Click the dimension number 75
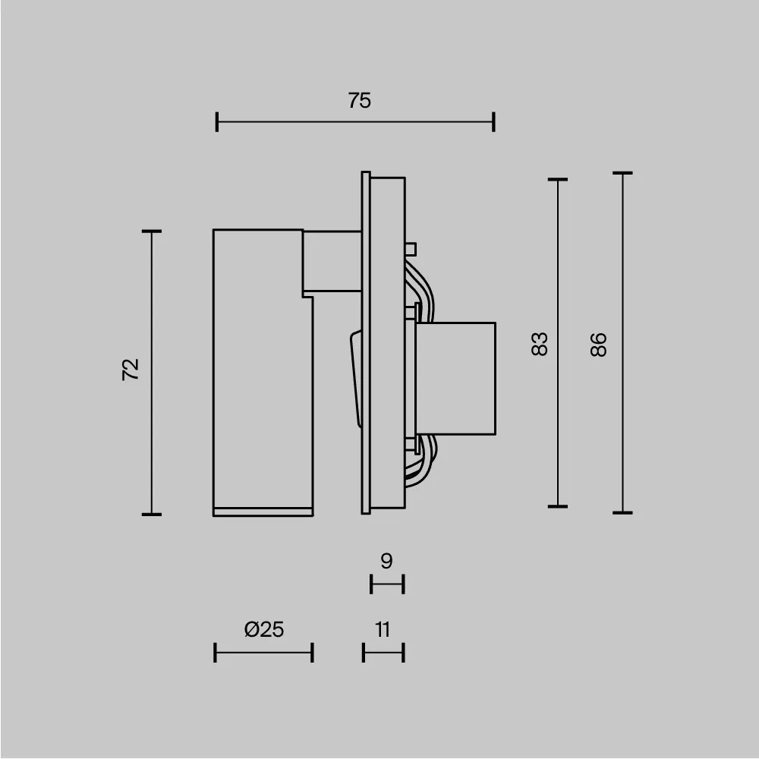360,100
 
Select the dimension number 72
131,370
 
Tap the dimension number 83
540,344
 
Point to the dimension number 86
599,345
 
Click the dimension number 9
386,562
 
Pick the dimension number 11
383,629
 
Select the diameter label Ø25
264,629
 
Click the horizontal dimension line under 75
355,121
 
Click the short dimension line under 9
387,584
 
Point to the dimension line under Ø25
263,652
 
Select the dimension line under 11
383,652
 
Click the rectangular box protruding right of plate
455,379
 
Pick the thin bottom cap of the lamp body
263,510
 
